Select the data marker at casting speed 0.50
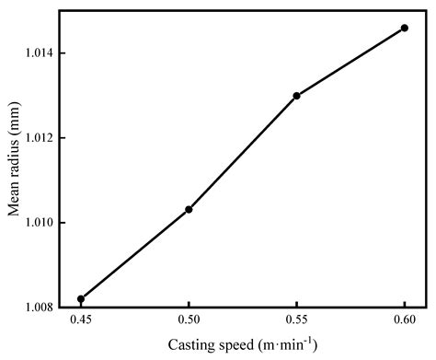pyautogui.click(x=189, y=209)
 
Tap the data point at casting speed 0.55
pyautogui.click(x=296, y=96)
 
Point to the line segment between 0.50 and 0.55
pyautogui.click(x=243, y=152)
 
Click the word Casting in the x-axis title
pyautogui.click(x=189, y=346)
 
